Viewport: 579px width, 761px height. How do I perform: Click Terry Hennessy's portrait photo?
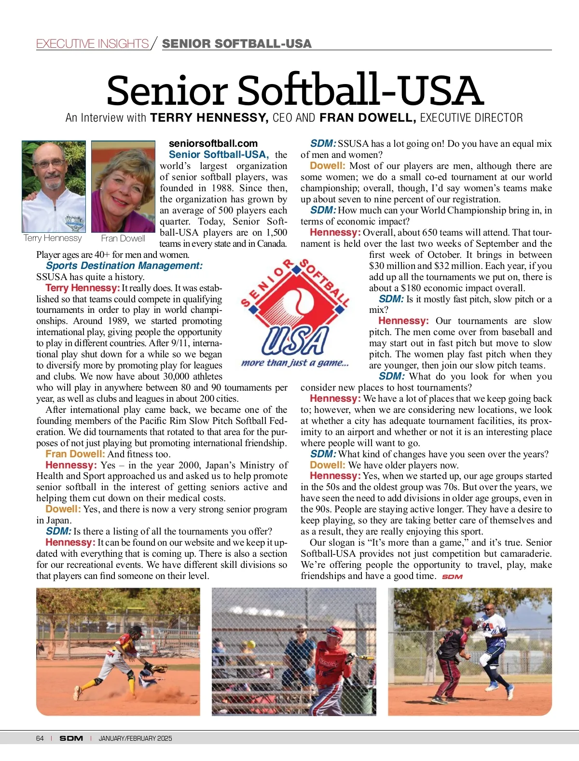click(54, 186)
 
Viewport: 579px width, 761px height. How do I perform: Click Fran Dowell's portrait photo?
click(123, 186)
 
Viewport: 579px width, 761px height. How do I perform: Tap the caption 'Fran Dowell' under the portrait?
click(123, 239)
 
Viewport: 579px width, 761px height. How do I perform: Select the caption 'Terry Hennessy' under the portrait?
click(53, 238)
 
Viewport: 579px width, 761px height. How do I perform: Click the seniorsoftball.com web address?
click(213, 143)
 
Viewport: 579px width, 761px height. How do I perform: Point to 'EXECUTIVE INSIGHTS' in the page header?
click(92, 43)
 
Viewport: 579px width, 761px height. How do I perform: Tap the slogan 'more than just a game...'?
click(295, 363)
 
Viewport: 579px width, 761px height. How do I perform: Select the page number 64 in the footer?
click(40, 738)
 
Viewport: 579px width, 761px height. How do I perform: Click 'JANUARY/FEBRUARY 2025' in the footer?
click(135, 738)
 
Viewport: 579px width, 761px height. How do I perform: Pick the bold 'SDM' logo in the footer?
click(71, 738)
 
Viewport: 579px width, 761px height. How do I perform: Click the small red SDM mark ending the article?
click(452, 577)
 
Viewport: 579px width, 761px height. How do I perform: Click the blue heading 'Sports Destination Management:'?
click(124, 266)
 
